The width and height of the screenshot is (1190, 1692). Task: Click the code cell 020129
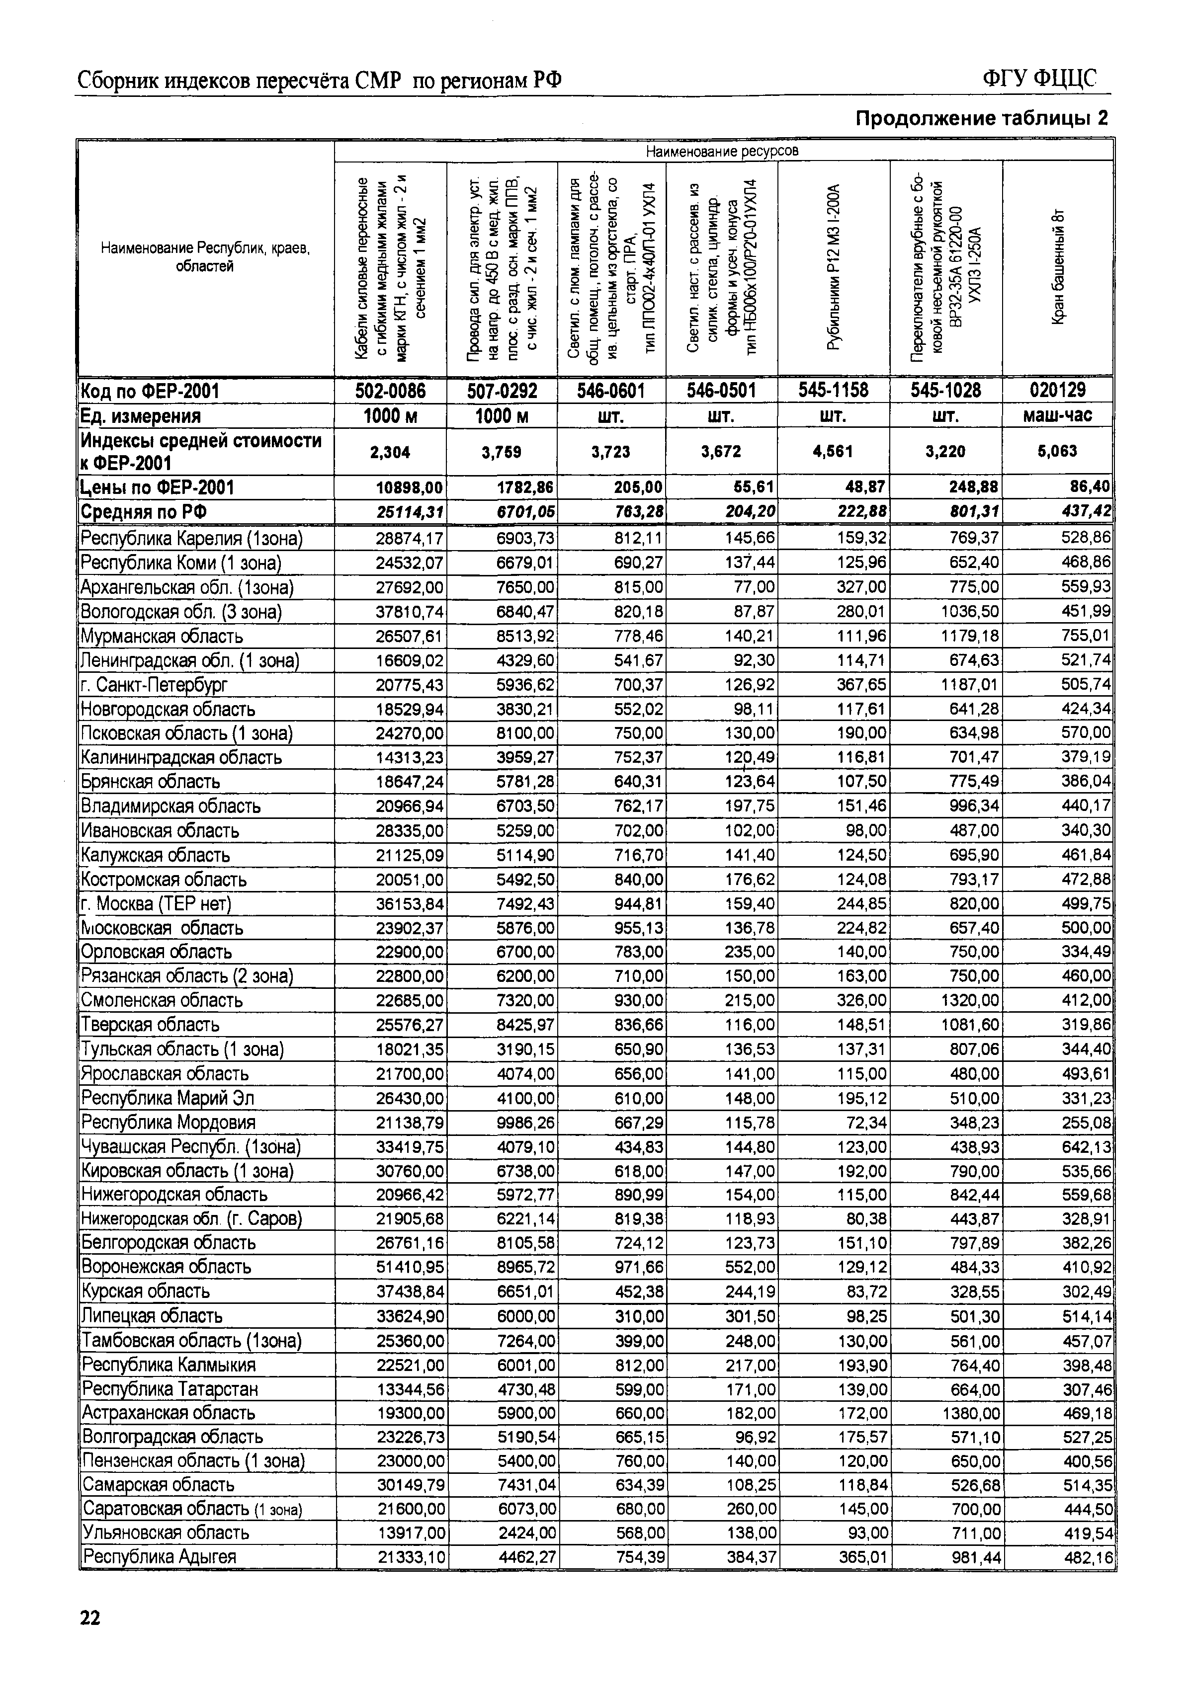1057,390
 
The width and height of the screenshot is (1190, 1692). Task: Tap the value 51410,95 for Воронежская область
410,1267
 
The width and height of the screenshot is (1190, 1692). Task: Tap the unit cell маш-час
1057,415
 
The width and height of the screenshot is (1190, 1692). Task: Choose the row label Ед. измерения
141,416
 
